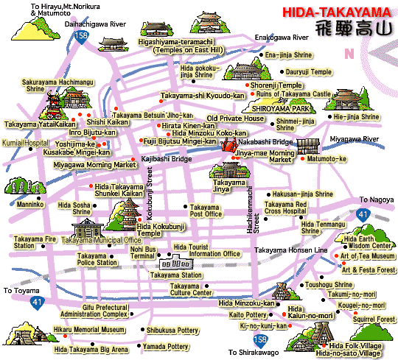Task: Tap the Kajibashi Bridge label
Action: coord(167,159)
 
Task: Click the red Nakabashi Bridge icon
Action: coord(226,144)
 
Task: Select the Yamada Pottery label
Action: coord(167,346)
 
